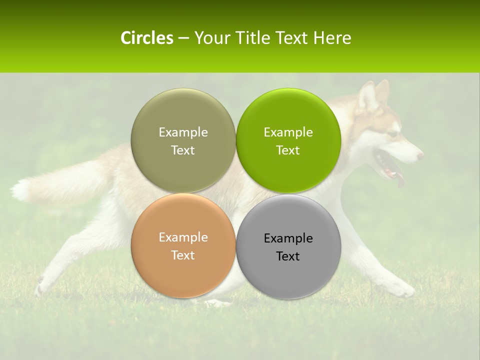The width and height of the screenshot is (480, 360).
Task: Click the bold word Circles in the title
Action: click(147, 38)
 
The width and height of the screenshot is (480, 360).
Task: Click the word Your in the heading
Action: click(210, 38)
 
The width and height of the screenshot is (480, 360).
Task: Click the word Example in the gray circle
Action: click(288, 238)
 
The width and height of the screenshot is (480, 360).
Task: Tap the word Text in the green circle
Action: click(288, 150)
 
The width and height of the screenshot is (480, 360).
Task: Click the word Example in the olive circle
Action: click(183, 132)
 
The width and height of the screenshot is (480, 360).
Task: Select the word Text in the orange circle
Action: click(183, 255)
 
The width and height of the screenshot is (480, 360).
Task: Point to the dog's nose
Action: click(420, 155)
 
